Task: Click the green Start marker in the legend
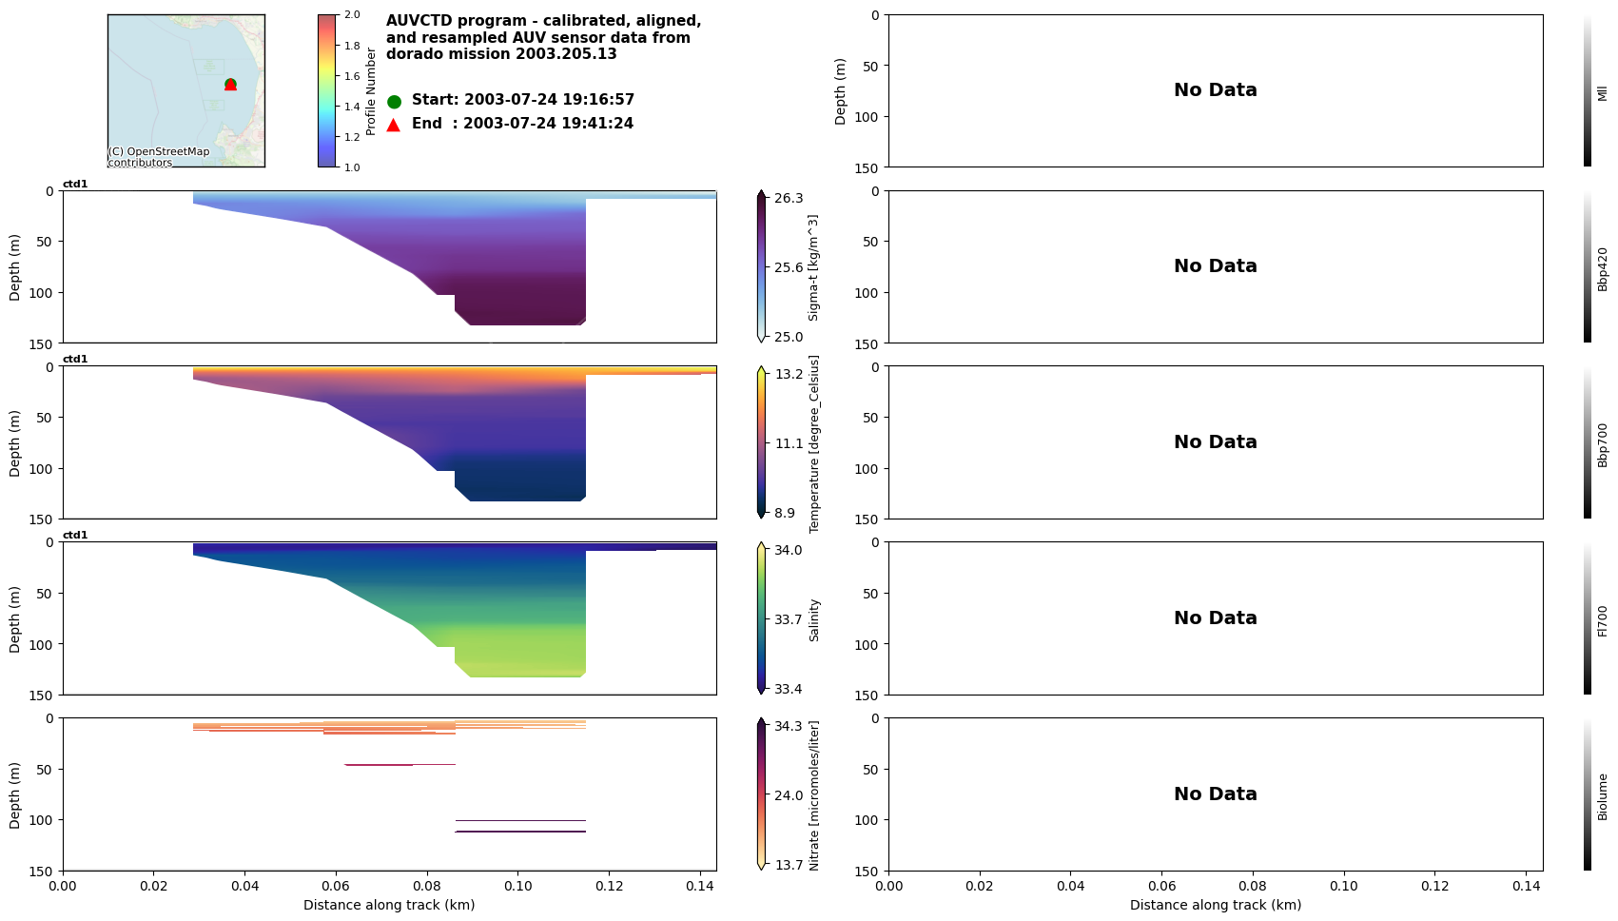[x=394, y=102]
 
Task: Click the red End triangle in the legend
[x=394, y=125]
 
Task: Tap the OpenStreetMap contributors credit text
[x=158, y=157]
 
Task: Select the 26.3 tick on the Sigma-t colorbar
[x=789, y=198]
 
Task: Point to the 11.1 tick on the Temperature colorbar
[x=789, y=443]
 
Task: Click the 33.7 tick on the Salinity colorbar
[x=789, y=619]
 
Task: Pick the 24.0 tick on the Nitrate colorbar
[x=789, y=795]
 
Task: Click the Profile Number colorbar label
[x=371, y=91]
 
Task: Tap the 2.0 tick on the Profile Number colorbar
[x=352, y=15]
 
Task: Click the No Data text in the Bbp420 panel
[x=1215, y=266]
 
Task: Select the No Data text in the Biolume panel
[x=1215, y=794]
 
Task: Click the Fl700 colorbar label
[x=1603, y=620]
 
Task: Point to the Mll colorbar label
[x=1603, y=92]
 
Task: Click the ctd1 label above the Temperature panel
[x=75, y=360]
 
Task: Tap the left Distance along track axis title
[x=389, y=905]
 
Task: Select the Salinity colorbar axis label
[x=814, y=620]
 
